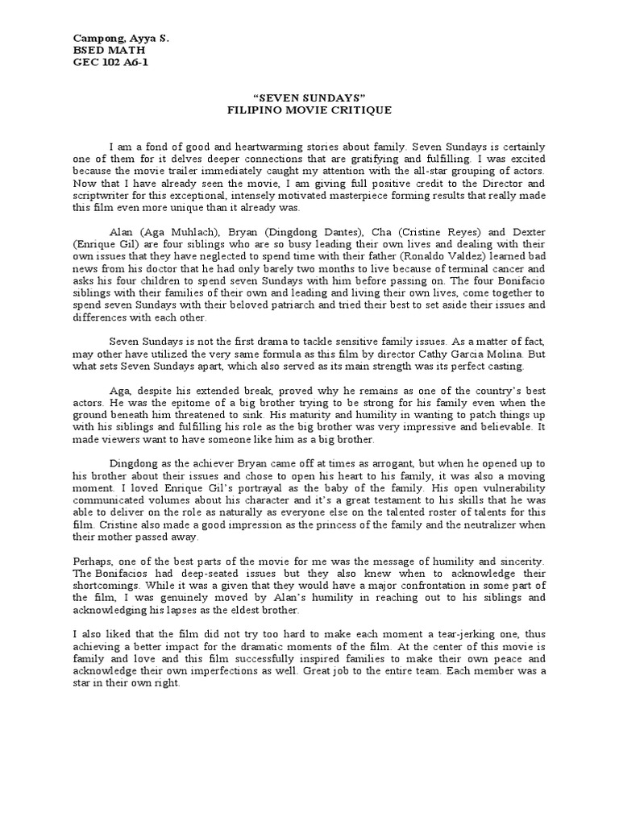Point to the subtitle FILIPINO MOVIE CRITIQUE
[309, 110]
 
